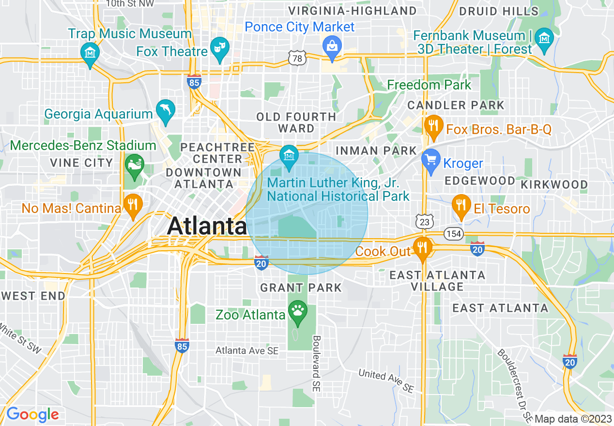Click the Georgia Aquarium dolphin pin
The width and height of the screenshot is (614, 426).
click(x=166, y=111)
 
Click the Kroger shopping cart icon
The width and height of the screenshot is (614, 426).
click(x=430, y=160)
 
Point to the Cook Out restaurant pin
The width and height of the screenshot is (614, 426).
click(x=423, y=248)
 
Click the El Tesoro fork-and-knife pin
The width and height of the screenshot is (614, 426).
click(x=461, y=206)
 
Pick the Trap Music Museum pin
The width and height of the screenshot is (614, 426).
click(x=90, y=52)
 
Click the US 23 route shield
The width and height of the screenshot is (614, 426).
click(x=425, y=221)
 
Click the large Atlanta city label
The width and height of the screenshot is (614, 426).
click(x=207, y=226)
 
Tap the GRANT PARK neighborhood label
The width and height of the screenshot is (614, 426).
click(x=301, y=288)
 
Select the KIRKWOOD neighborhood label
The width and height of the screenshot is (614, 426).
click(x=554, y=184)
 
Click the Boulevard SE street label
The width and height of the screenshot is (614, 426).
click(x=317, y=364)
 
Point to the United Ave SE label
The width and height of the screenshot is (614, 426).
click(x=386, y=380)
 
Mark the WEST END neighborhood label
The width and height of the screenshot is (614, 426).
click(x=33, y=296)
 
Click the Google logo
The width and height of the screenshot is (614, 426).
click(x=32, y=414)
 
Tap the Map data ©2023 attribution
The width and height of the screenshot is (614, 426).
click(x=572, y=419)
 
